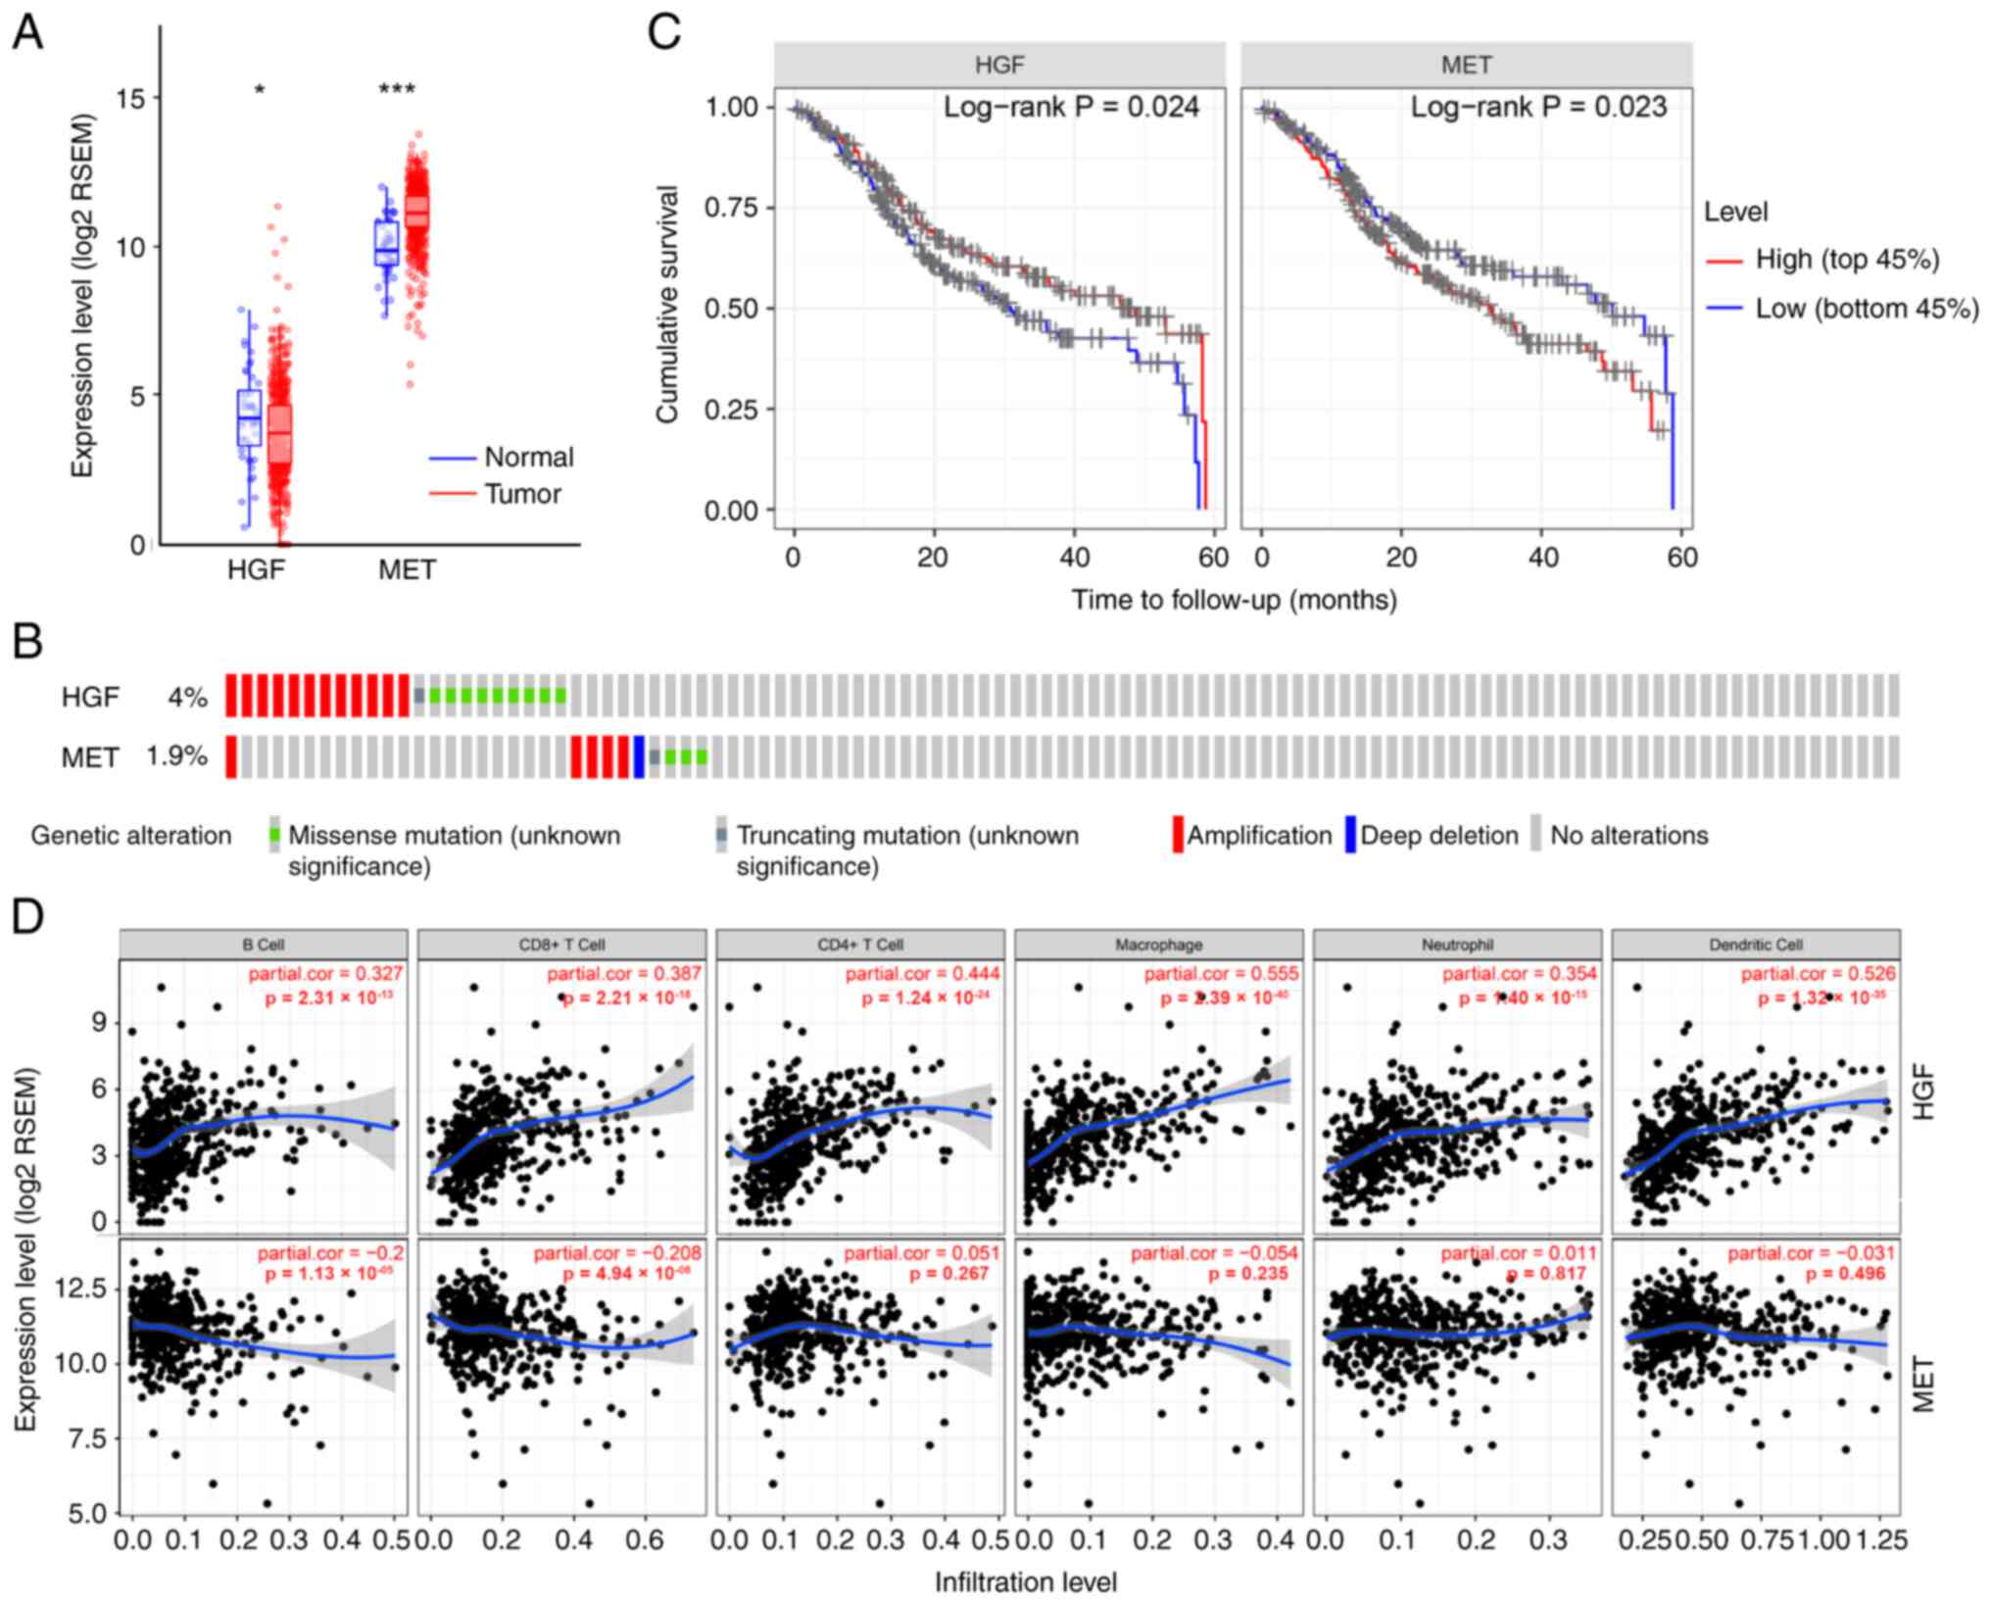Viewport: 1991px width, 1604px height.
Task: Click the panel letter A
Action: [x=27, y=33]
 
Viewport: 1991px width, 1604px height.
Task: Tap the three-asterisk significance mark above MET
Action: [x=397, y=90]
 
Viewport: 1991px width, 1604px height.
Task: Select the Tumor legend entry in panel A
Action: [x=522, y=494]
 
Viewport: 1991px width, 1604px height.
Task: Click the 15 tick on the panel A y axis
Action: [x=129, y=98]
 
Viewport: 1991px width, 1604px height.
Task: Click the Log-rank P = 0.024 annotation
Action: [x=1071, y=107]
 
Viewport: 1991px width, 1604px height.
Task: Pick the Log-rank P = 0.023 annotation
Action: [x=1538, y=107]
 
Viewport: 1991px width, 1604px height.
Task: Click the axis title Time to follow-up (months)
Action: [x=1234, y=599]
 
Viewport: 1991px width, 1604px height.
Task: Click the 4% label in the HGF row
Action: [x=187, y=698]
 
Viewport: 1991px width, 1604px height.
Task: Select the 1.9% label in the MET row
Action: [x=177, y=756]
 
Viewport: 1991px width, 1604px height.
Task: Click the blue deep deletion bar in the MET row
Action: [x=639, y=757]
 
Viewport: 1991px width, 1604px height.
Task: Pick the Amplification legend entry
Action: [x=1259, y=835]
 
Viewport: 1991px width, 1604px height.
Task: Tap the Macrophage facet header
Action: [x=1158, y=945]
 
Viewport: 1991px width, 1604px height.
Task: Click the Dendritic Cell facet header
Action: [x=1755, y=945]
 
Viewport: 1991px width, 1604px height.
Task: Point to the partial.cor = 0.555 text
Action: [x=1221, y=973]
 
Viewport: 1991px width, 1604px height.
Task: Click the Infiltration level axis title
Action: [x=1025, y=1581]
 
